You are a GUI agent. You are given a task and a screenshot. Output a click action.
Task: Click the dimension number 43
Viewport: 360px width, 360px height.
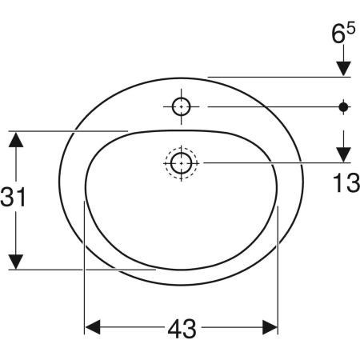[182, 329]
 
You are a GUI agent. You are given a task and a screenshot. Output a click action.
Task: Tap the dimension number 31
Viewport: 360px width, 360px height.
[13, 197]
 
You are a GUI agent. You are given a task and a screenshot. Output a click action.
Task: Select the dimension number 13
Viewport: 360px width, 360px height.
[346, 183]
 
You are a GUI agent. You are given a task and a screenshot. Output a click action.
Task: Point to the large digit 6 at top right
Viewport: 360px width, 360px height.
[338, 34]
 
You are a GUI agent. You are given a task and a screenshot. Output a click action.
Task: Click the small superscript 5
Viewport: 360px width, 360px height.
[351, 28]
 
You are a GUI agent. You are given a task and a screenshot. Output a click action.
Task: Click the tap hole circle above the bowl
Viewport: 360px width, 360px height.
[182, 106]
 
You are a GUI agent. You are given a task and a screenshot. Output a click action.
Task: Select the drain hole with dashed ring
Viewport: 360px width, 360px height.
[182, 163]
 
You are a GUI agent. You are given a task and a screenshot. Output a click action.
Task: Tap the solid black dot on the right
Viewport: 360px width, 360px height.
[343, 107]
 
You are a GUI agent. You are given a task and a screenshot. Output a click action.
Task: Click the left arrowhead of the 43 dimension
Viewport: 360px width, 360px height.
[93, 327]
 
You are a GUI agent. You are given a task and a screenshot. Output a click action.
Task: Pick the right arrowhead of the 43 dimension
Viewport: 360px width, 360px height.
[270, 327]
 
